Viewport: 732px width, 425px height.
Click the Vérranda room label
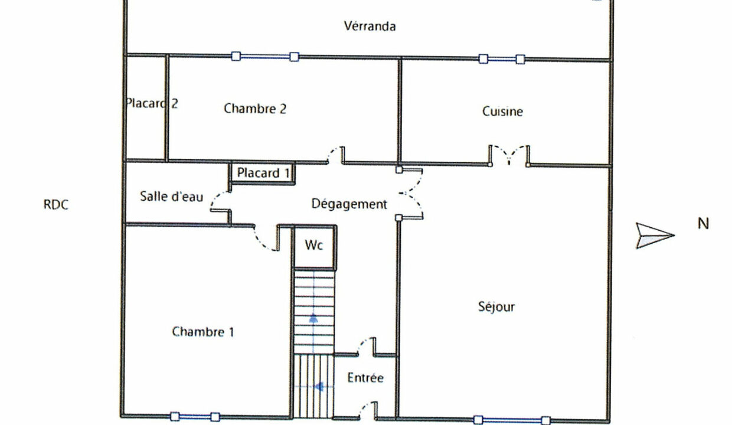(x=370, y=26)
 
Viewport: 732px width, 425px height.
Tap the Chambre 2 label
(x=255, y=109)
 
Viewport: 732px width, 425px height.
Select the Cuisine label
(x=502, y=112)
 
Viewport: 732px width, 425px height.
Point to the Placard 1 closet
(x=263, y=173)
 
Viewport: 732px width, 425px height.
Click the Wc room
(x=314, y=247)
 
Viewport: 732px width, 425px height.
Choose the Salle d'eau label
(x=172, y=196)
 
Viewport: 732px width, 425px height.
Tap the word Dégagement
(x=349, y=204)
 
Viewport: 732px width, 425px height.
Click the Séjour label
(x=496, y=306)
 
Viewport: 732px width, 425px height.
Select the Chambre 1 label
(x=203, y=332)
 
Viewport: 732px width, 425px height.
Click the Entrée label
(x=365, y=378)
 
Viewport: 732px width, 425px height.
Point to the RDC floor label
(x=56, y=204)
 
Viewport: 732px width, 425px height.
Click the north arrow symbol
(x=655, y=236)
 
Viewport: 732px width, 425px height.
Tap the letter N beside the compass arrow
(x=703, y=224)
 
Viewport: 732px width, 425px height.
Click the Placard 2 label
(x=152, y=103)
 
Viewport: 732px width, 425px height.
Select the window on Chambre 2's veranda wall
(x=265, y=57)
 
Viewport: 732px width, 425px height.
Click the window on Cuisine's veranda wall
(x=502, y=59)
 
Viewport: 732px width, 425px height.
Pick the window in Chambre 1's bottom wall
(x=195, y=417)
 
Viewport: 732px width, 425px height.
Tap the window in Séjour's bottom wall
(x=512, y=420)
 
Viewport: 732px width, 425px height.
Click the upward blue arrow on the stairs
(x=313, y=319)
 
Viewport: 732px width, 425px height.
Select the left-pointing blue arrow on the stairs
(x=319, y=387)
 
